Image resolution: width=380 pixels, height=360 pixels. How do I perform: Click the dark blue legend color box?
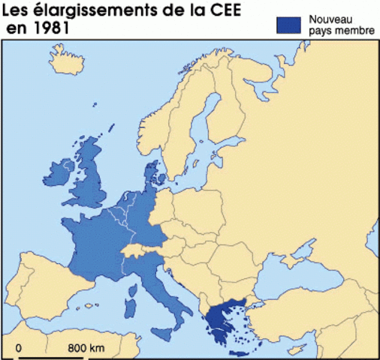(x=289, y=23)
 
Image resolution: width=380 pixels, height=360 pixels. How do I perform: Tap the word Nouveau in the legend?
(x=329, y=17)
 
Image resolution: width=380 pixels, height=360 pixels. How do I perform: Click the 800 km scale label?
(x=86, y=347)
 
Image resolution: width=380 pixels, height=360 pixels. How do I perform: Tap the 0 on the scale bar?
(x=19, y=347)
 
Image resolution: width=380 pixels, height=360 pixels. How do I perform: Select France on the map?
(x=98, y=240)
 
